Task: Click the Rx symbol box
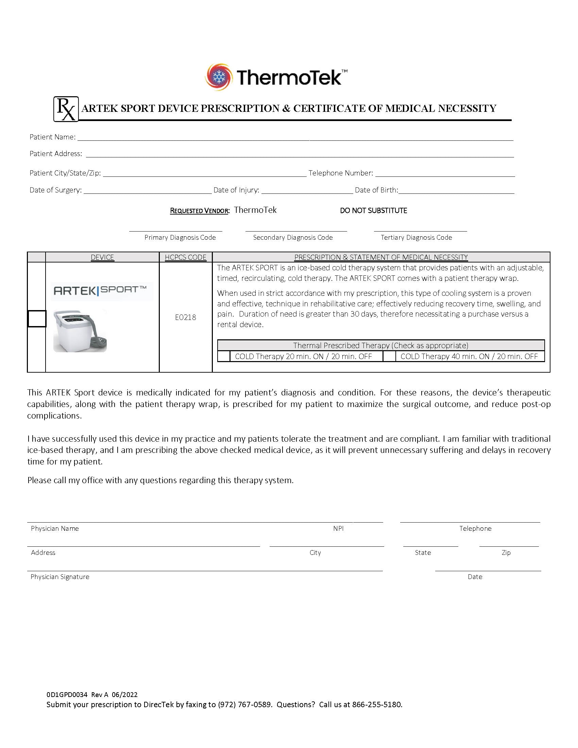coord(66,109)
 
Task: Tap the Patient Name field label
coord(52,137)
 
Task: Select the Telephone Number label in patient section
coord(340,173)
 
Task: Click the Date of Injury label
coord(236,190)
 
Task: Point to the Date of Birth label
coord(376,190)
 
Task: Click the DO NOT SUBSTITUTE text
coord(373,211)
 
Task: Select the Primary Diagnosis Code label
coord(180,238)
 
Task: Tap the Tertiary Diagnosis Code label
coord(417,238)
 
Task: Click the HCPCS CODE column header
coord(186,257)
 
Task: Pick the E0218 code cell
coord(186,318)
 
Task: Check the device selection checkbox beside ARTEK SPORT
coord(37,319)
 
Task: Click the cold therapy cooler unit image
coord(80,331)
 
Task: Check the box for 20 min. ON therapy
coord(224,357)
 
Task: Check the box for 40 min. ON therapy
coord(389,357)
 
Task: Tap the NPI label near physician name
coord(338,528)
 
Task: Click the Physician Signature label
coord(60,577)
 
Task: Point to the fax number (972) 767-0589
coord(244,704)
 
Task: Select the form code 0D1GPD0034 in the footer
coord(67,695)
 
